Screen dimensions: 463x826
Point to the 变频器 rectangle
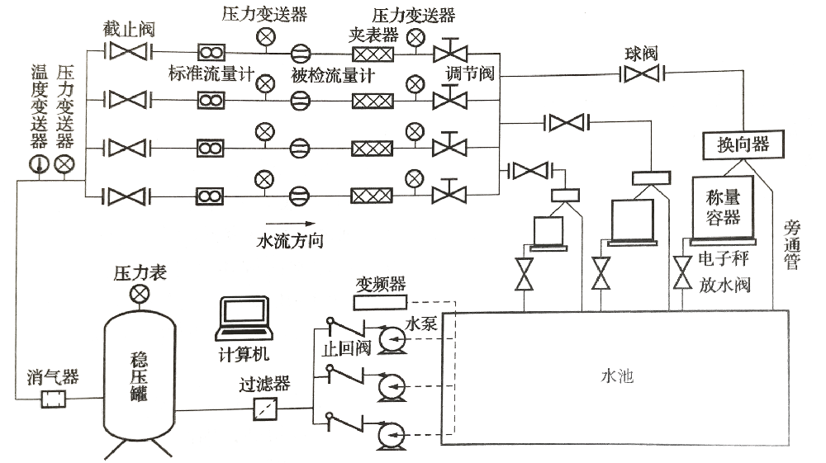[381, 302]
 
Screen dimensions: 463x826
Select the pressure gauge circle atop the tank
[140, 293]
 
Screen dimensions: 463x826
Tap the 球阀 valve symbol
[642, 75]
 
